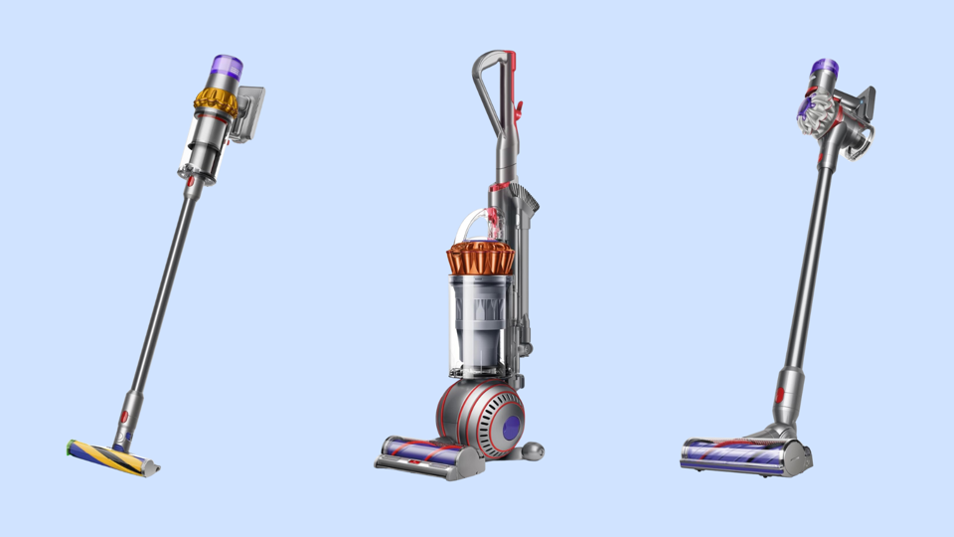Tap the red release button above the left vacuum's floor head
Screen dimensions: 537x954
(125, 417)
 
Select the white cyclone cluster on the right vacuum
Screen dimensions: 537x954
(813, 114)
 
